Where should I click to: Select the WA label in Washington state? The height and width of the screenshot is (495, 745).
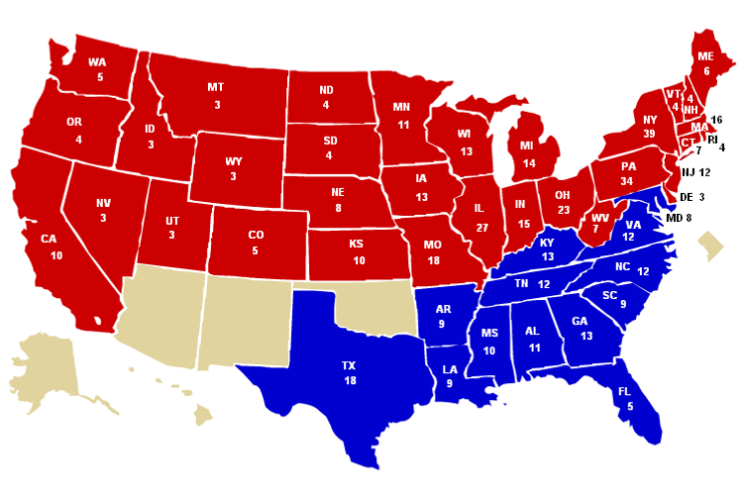[x=97, y=61]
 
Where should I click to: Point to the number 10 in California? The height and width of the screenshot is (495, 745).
[x=56, y=255]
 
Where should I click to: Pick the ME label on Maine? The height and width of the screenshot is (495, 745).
[x=706, y=56]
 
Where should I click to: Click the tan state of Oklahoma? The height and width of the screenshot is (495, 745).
[x=372, y=307]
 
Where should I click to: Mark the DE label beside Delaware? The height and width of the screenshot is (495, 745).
[x=686, y=197]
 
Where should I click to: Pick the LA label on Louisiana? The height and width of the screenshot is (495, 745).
[x=451, y=368]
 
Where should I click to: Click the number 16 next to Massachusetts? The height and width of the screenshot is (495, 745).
[x=717, y=120]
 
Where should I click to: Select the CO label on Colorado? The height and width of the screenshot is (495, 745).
[x=257, y=236]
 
